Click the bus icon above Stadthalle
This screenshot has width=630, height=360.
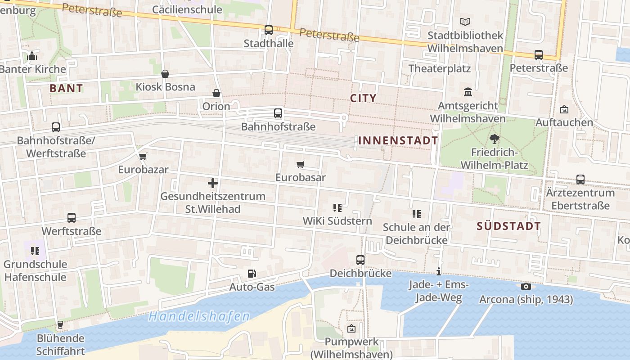coord(269,30)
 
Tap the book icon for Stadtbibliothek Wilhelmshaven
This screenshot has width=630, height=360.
coord(465,22)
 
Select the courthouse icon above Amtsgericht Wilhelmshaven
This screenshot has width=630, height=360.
coord(468,92)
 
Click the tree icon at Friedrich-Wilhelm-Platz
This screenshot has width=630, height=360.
coord(495,139)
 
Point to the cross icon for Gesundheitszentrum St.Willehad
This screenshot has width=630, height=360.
coord(213,183)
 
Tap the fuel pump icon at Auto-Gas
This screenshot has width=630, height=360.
coord(252,274)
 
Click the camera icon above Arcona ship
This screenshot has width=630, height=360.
coord(526,286)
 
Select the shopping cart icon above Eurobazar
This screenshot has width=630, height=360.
coord(143,157)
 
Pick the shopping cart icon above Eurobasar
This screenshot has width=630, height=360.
coord(301,164)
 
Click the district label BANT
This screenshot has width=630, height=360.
coord(66,88)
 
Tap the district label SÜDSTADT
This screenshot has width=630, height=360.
coord(508,226)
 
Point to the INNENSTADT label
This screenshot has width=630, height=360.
coord(398,140)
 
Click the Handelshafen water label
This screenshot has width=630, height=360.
coord(199,316)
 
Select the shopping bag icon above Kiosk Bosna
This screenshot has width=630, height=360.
coord(165,74)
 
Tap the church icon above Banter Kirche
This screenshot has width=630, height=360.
coord(32,56)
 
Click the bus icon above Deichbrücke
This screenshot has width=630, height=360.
coord(360,260)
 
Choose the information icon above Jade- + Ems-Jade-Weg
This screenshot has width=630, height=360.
coord(439,271)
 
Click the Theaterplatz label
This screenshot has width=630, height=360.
coord(440,69)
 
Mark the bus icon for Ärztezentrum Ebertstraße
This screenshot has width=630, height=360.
coord(580,180)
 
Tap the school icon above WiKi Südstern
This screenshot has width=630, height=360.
coord(337,207)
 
